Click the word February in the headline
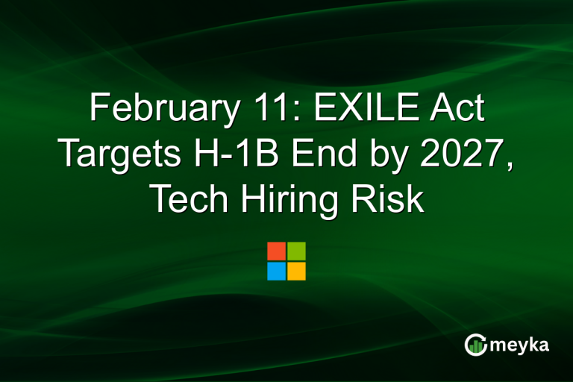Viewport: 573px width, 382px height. [154, 109]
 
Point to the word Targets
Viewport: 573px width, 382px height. [119, 153]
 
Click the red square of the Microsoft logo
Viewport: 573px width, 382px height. [276, 251]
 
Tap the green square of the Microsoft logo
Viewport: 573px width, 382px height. [296, 251]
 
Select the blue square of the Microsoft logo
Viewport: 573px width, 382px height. [276, 271]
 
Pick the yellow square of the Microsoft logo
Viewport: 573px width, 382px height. [296, 271]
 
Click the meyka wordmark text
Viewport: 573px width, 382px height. [519, 344]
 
